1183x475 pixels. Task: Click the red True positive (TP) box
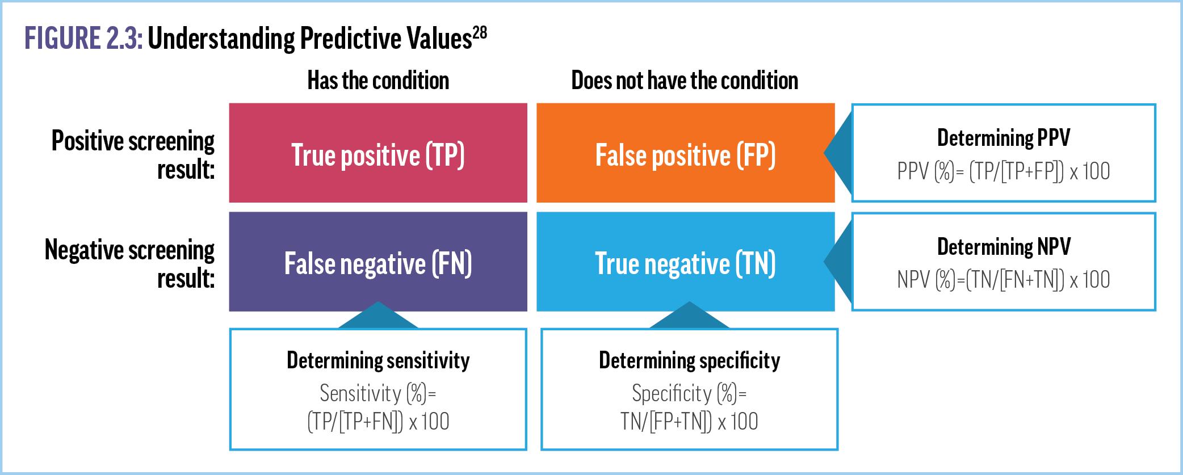[x=378, y=153]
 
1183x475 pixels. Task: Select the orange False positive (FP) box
[x=686, y=153]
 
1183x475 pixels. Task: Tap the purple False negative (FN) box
[x=378, y=262]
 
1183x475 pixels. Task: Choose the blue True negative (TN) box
[x=686, y=262]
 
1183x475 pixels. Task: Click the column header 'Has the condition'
[x=378, y=81]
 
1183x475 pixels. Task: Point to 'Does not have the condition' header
[x=685, y=81]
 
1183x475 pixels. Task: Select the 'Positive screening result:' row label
[x=133, y=154]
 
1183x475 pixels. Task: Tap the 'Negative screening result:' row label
[x=129, y=263]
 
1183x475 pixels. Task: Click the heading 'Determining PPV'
[x=1004, y=138]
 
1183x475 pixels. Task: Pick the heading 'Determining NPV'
[x=1004, y=247]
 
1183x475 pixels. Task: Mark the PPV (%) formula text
[x=1004, y=171]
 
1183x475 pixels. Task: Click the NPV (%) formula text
[x=1004, y=280]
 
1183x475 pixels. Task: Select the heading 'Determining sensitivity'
[x=378, y=360]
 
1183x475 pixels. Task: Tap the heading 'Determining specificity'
[x=689, y=360]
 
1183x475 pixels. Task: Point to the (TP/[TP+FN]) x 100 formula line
[x=378, y=422]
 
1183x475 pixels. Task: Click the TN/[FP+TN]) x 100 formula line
[x=689, y=422]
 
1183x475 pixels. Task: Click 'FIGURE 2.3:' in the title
[x=83, y=39]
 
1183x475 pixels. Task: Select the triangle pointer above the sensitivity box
[x=378, y=316]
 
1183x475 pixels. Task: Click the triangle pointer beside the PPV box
[x=838, y=153]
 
